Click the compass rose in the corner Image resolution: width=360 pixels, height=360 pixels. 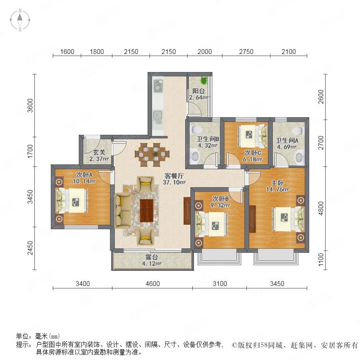(x=20, y=20)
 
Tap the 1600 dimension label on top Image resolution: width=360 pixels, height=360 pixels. (x=67, y=52)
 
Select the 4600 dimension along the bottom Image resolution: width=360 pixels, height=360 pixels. (x=153, y=284)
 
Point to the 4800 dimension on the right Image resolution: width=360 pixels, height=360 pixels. (x=321, y=208)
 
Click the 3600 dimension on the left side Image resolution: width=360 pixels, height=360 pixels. (x=30, y=105)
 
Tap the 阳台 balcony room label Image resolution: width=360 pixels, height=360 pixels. (x=198, y=91)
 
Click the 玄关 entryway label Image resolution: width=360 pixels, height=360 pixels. (x=99, y=152)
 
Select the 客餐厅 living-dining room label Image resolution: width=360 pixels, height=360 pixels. (x=174, y=176)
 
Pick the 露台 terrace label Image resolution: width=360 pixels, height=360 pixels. (x=152, y=257)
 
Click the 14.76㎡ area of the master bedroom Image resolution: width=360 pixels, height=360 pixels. (x=277, y=190)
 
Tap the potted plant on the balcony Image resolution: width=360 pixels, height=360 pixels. (x=204, y=80)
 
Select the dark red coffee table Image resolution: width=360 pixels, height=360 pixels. (x=147, y=210)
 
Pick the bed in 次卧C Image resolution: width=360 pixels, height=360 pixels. (x=252, y=136)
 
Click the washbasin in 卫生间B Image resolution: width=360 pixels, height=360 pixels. (x=195, y=156)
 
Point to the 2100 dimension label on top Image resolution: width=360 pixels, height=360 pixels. (x=288, y=52)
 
